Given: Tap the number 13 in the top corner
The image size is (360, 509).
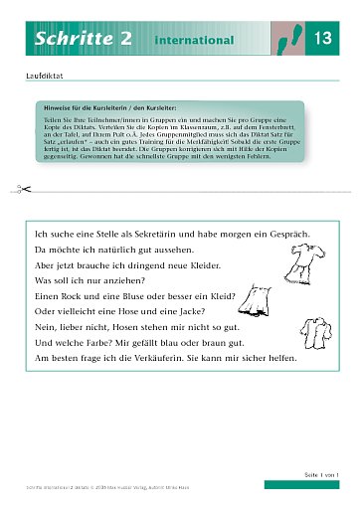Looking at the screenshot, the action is point(322,39).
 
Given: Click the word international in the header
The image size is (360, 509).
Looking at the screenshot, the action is point(194,41).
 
